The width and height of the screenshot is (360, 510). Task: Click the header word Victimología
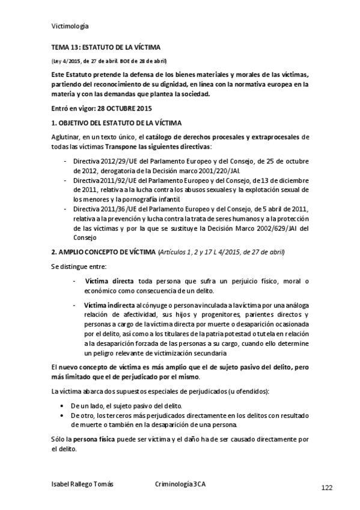point(69,26)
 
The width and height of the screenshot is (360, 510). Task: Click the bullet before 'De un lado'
point(64,406)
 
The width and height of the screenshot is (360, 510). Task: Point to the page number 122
point(327,487)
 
